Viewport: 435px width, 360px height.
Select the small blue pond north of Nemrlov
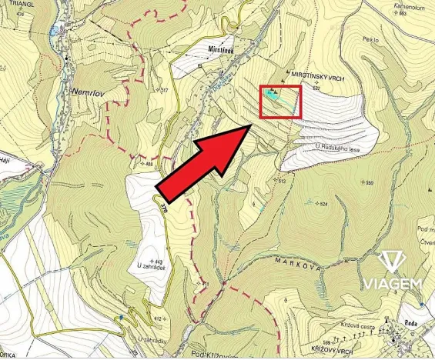pos(53,32)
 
